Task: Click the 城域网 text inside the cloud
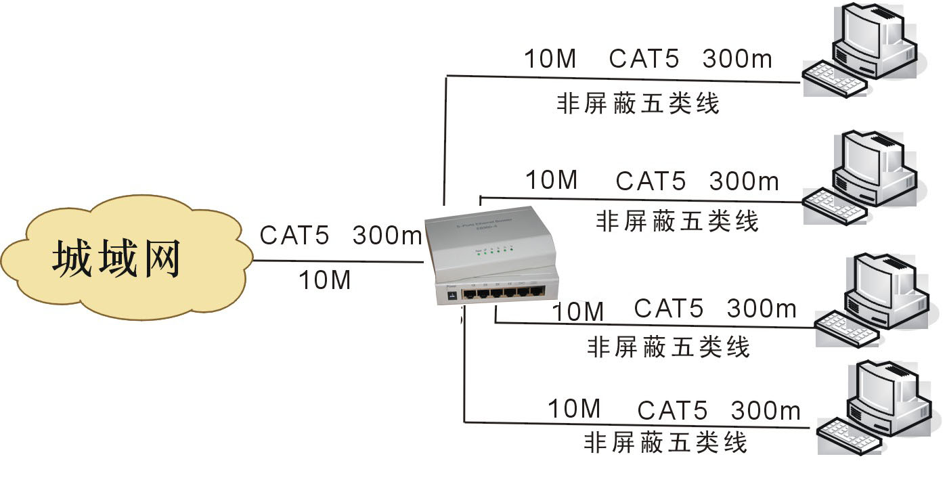click(116, 260)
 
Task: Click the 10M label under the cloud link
click(325, 280)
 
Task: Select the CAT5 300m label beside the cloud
click(340, 236)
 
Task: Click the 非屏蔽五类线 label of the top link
click(637, 104)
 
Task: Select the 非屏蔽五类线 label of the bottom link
click(665, 442)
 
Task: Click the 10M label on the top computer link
click(550, 59)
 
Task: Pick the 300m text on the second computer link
click(744, 181)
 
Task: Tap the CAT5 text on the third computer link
click(669, 309)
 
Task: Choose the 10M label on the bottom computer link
click(574, 409)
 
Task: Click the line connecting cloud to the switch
click(338, 261)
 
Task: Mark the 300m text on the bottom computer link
click(766, 410)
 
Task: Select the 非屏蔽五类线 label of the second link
click(677, 221)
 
